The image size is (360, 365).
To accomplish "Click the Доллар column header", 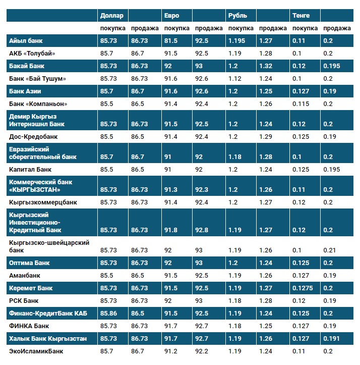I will (112, 16).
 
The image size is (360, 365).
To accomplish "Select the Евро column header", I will (171, 16).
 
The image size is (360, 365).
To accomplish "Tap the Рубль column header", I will (237, 16).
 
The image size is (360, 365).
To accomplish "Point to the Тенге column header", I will (301, 16).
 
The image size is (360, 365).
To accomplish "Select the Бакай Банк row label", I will (28, 66).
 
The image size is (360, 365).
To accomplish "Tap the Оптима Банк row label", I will (30, 263).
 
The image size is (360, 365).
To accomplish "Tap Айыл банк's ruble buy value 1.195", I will (238, 41).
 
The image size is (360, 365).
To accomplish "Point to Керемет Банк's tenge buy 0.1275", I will (304, 288).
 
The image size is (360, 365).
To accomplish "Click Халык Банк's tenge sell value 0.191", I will (333, 338).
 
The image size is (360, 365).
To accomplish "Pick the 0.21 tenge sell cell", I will (330, 250).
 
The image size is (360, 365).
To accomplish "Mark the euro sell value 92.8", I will (202, 230).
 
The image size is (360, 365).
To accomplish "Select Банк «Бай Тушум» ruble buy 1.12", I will (235, 79).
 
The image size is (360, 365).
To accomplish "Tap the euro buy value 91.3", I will (171, 190).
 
